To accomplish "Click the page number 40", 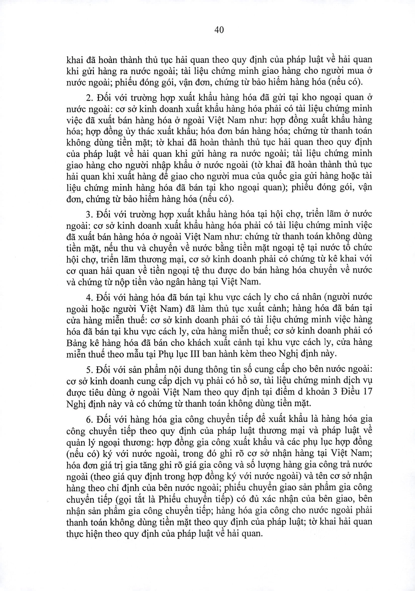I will coord(219,30).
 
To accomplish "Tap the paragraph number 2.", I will coord(88,98).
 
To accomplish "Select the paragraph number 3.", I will coord(88,214).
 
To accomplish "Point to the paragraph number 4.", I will coord(88,297).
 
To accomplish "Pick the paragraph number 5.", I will coord(88,369).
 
